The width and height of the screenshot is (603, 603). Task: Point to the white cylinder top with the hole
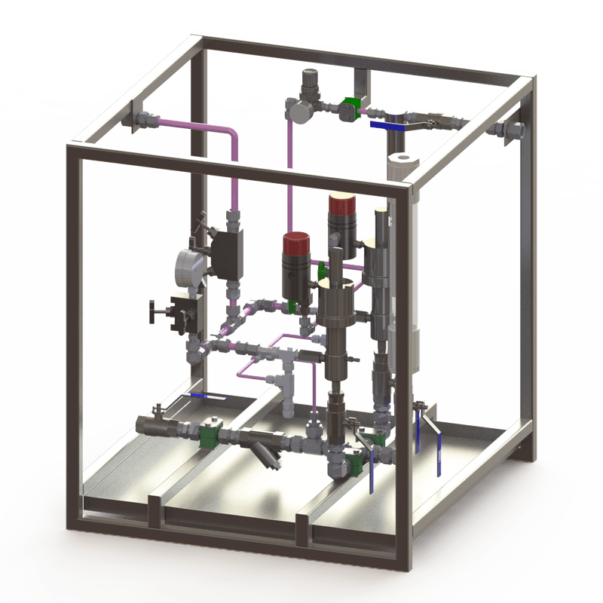405,161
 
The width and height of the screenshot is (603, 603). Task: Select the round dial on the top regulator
296,110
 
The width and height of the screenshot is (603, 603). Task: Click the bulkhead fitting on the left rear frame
136,119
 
